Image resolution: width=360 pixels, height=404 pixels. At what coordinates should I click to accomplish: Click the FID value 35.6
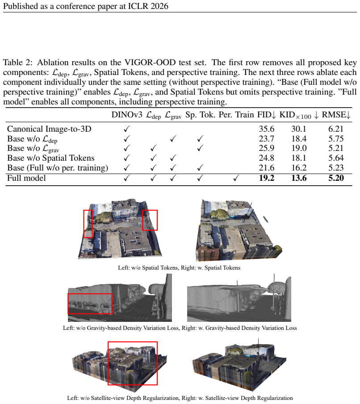(x=266, y=129)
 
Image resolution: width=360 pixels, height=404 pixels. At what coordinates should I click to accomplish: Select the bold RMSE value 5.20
(x=336, y=178)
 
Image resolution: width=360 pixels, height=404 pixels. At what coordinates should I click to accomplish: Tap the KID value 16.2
(x=299, y=168)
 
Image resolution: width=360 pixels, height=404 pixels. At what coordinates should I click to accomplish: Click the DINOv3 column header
(x=126, y=115)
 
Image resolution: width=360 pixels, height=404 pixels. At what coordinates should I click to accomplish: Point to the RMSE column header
(x=336, y=115)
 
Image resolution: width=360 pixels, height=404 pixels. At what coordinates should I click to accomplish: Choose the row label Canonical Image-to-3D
(x=49, y=129)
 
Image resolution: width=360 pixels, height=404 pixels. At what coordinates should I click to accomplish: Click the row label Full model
(x=26, y=178)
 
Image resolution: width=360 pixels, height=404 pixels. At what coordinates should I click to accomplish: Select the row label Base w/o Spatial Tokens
(x=50, y=158)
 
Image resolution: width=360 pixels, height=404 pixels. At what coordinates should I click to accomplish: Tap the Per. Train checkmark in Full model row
(x=236, y=178)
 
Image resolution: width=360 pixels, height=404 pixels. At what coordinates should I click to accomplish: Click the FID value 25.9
(x=266, y=148)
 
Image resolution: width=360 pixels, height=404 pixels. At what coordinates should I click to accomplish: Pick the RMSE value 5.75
(x=336, y=139)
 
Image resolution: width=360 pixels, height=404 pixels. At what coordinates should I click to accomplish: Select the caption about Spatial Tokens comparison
(x=179, y=268)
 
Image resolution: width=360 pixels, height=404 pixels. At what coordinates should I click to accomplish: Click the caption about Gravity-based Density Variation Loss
(x=180, y=328)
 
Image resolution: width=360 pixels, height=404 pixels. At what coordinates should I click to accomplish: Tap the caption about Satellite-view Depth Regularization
(x=180, y=398)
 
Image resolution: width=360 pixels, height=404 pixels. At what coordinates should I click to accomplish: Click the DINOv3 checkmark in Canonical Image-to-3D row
(x=126, y=129)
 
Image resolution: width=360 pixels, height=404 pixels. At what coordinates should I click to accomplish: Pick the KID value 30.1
(x=299, y=129)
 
